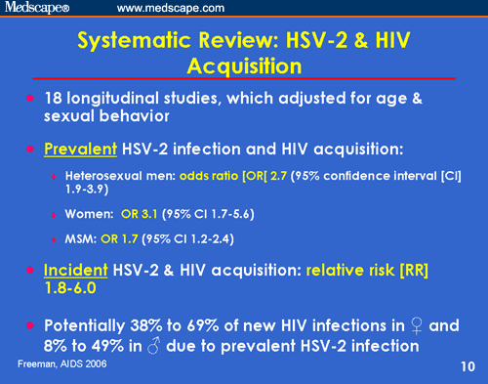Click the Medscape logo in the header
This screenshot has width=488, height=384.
coord(38,9)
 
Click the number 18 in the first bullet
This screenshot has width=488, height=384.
coord(56,100)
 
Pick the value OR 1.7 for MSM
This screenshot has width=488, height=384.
coord(121,237)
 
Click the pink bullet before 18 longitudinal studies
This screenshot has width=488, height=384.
coord(32,99)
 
